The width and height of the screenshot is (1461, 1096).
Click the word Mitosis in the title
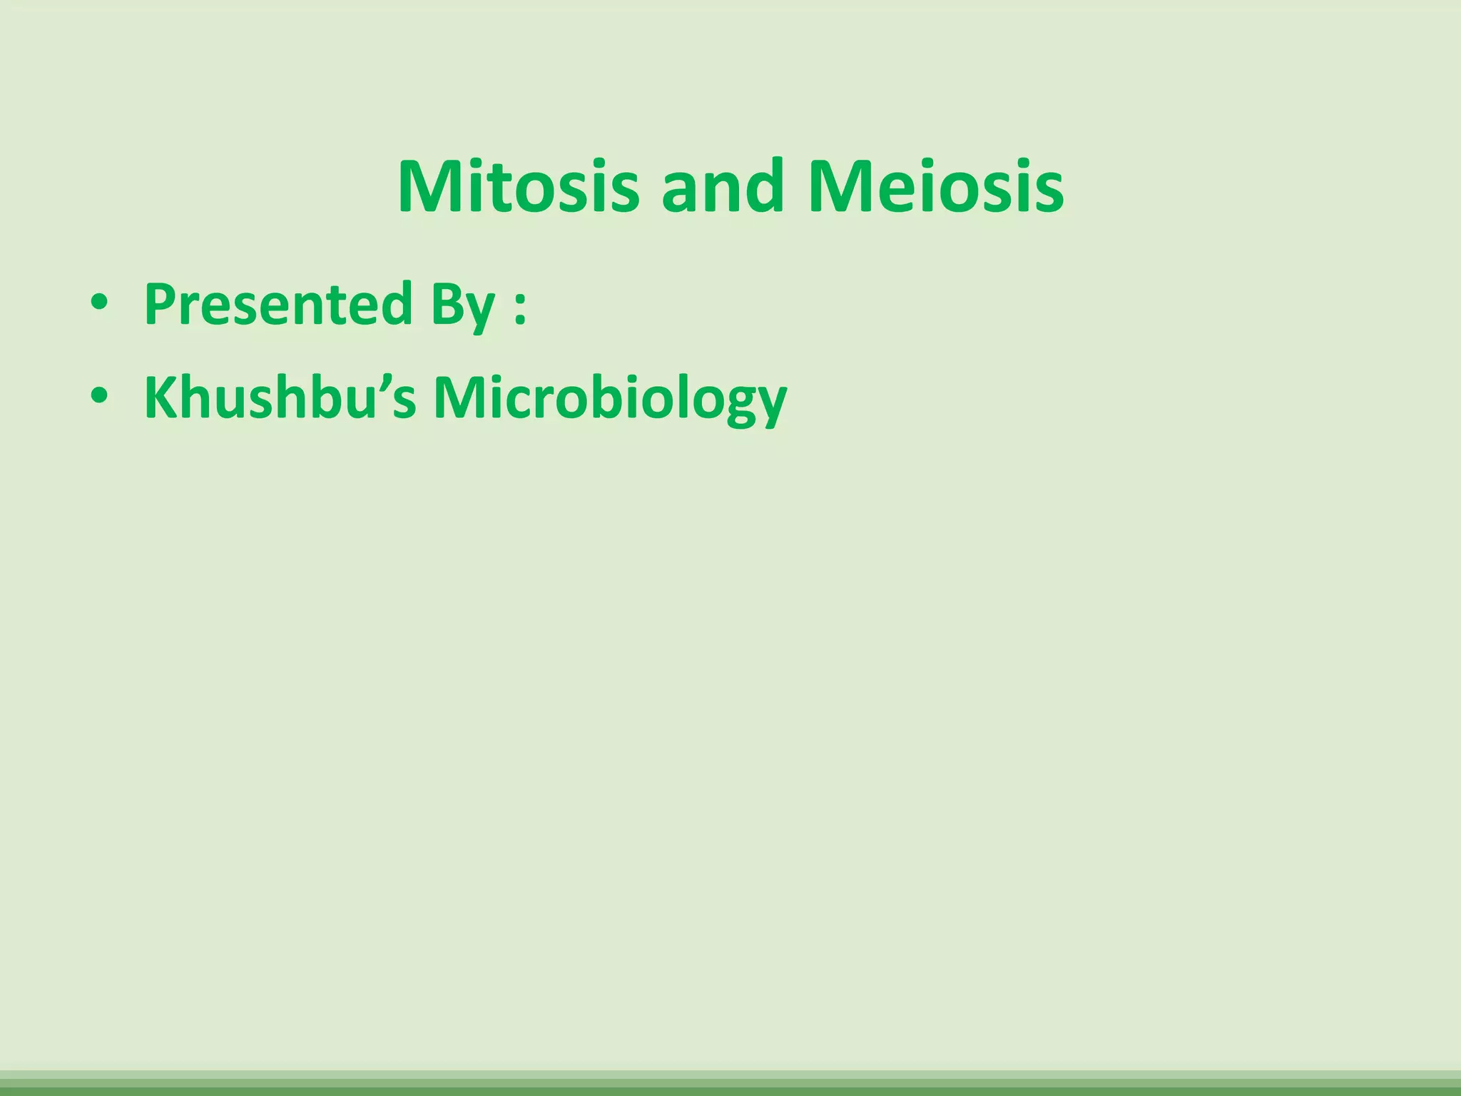[x=519, y=187]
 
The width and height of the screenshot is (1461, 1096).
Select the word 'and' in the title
[x=722, y=187]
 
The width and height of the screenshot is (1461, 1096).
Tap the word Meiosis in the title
[x=935, y=187]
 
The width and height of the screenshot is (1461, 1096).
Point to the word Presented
[x=278, y=305]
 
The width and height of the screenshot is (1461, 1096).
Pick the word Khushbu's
[x=280, y=397]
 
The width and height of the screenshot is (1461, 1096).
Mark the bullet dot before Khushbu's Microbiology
[x=99, y=396]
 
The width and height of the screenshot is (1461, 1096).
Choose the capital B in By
[x=445, y=305]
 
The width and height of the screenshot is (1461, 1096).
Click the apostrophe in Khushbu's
[x=382, y=382]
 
